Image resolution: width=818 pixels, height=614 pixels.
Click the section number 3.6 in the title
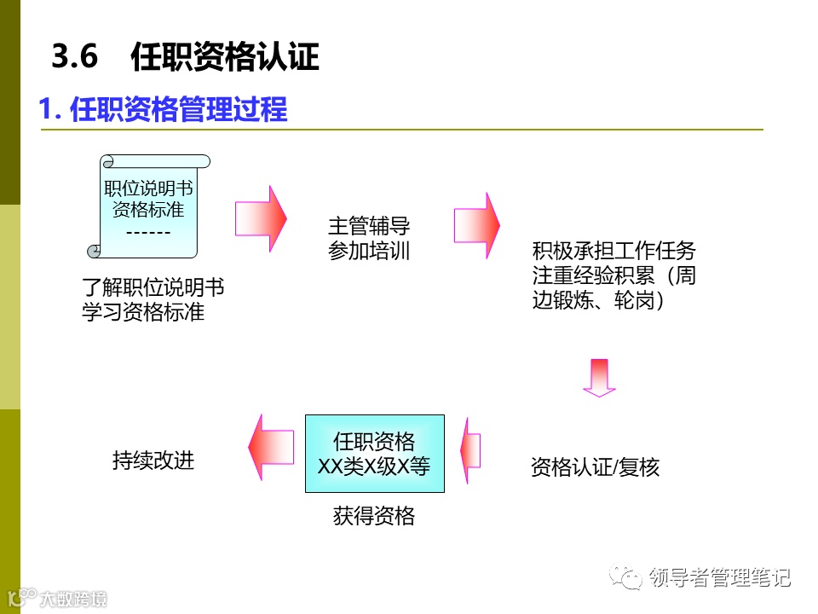click(75, 57)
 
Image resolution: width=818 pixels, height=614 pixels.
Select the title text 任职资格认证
click(225, 57)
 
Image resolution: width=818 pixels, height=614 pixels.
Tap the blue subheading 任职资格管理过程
click(178, 110)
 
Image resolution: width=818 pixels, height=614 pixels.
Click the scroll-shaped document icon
click(150, 206)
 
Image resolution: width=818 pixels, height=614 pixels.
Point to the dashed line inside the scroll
click(148, 232)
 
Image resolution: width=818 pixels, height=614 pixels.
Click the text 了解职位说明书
click(153, 287)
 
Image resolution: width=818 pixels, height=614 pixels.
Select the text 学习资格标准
click(143, 311)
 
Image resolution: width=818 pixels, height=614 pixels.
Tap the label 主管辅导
click(369, 226)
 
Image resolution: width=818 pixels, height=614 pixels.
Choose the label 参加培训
click(369, 251)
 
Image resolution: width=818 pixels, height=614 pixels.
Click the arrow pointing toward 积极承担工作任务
click(477, 225)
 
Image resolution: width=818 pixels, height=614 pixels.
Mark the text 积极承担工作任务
click(614, 251)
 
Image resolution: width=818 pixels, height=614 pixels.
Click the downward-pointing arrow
click(599, 377)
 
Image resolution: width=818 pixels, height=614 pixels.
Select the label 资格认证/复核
click(595, 467)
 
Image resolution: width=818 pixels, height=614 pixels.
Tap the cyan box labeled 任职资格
click(375, 453)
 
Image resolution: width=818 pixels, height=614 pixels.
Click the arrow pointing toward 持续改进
click(271, 447)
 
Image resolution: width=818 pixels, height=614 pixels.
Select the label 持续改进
click(153, 460)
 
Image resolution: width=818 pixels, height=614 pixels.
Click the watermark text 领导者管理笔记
click(719, 577)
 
